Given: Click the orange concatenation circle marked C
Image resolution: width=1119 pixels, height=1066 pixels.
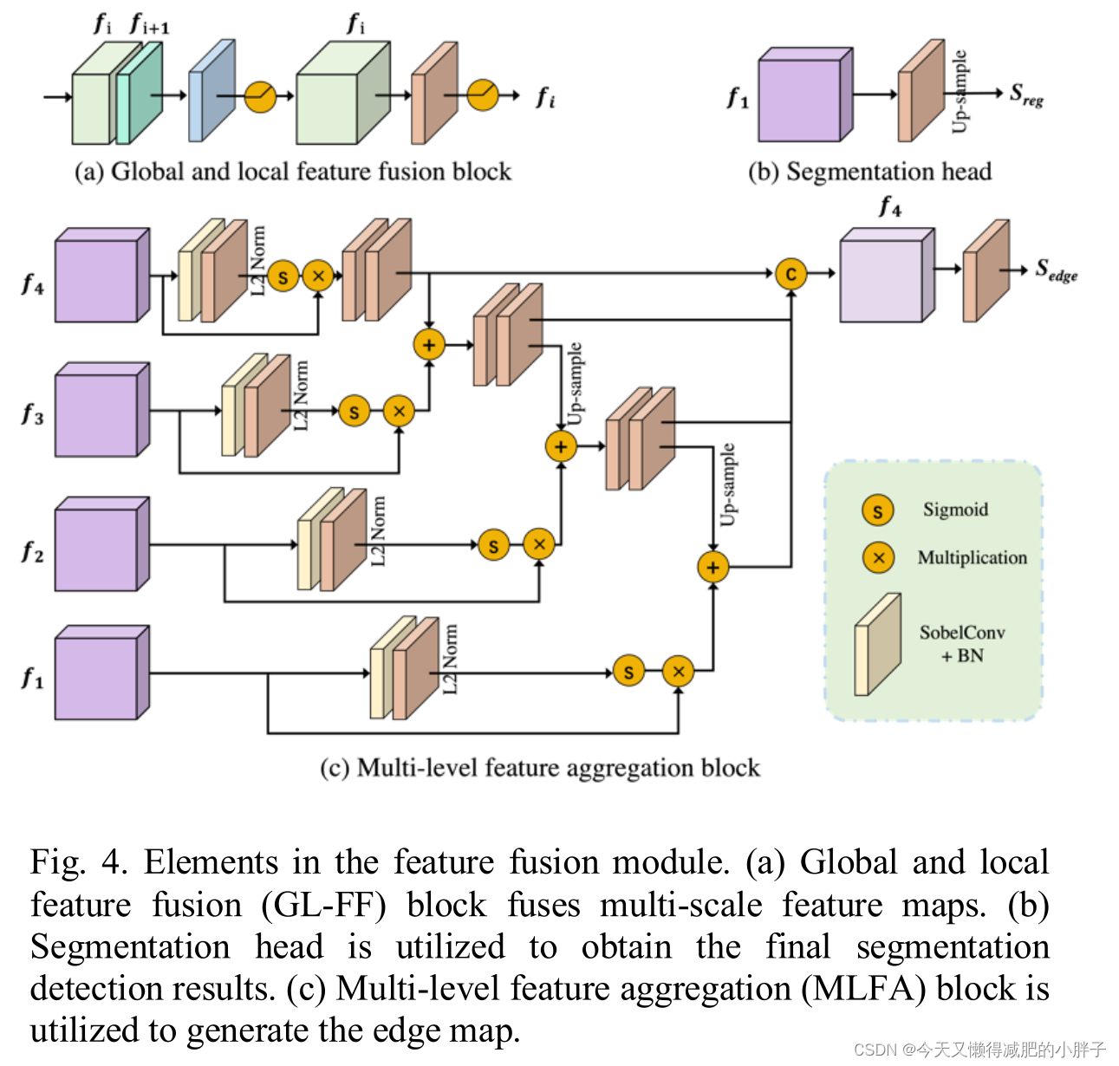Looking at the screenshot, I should pos(790,274).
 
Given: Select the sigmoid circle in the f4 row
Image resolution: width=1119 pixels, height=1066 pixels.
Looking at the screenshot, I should pos(283,276).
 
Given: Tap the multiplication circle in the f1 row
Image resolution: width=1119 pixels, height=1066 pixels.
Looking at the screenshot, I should pos(678,671).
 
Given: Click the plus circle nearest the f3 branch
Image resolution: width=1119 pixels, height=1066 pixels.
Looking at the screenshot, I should pos(428,344).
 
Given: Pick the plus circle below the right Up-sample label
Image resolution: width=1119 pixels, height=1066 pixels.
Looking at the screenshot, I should pos(712,567).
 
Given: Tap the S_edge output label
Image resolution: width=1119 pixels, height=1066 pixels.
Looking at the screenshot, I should pos(1056,270).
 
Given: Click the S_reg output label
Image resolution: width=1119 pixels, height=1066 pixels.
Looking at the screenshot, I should pos(1026,95).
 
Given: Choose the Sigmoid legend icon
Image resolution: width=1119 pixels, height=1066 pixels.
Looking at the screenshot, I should pos(877,510).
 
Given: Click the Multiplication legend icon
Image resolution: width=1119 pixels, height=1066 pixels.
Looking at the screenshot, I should pos(877,557).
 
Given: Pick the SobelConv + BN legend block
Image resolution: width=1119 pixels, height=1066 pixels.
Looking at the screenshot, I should pos(877,645).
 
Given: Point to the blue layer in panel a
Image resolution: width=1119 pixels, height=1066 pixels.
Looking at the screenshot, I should pos(211,92).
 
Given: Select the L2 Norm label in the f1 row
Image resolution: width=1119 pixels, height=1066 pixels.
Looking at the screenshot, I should pos(450,659).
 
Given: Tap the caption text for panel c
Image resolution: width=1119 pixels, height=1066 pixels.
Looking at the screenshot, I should pos(539,768).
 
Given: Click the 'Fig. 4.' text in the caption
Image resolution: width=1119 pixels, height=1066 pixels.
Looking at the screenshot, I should pos(78,862).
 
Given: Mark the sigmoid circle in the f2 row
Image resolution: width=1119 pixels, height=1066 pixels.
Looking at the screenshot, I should pos(493,545).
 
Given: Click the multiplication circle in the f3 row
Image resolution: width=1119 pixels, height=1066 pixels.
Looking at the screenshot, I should pos(399,411).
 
